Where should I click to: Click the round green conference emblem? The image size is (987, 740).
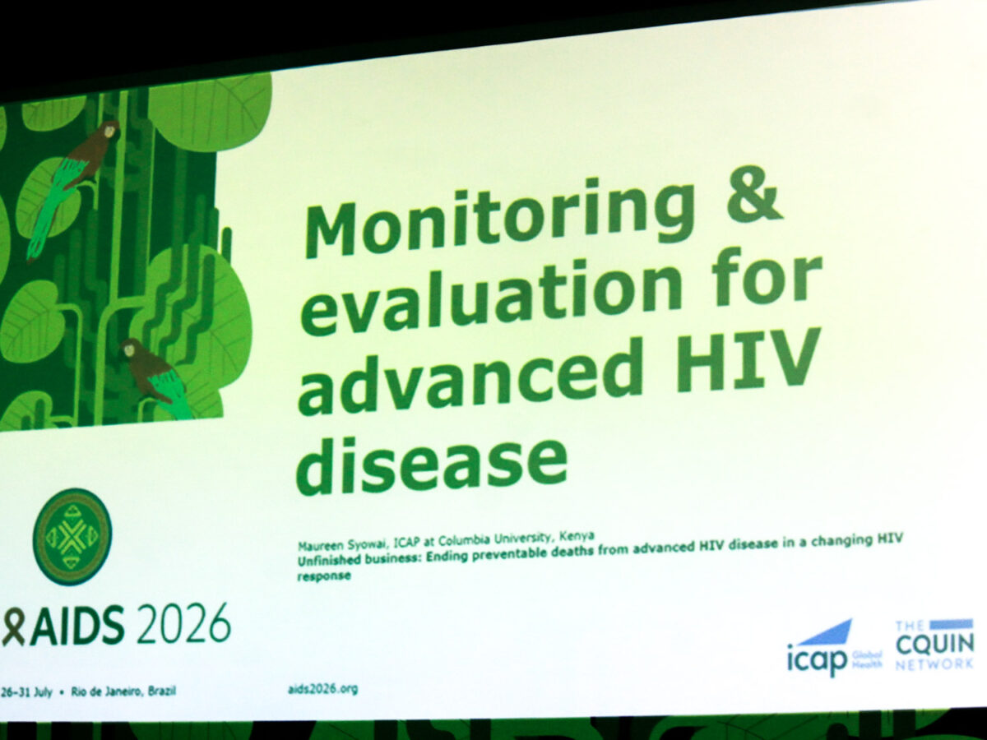(x=72, y=537)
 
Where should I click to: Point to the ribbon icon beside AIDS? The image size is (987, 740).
(x=12, y=626)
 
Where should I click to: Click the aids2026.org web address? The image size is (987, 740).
(x=323, y=689)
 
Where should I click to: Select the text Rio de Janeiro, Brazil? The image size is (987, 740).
(x=123, y=691)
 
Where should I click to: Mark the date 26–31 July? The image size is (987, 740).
(x=26, y=692)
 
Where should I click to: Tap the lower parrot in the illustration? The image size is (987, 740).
(x=155, y=377)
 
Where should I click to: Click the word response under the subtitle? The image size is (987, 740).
(x=324, y=576)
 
